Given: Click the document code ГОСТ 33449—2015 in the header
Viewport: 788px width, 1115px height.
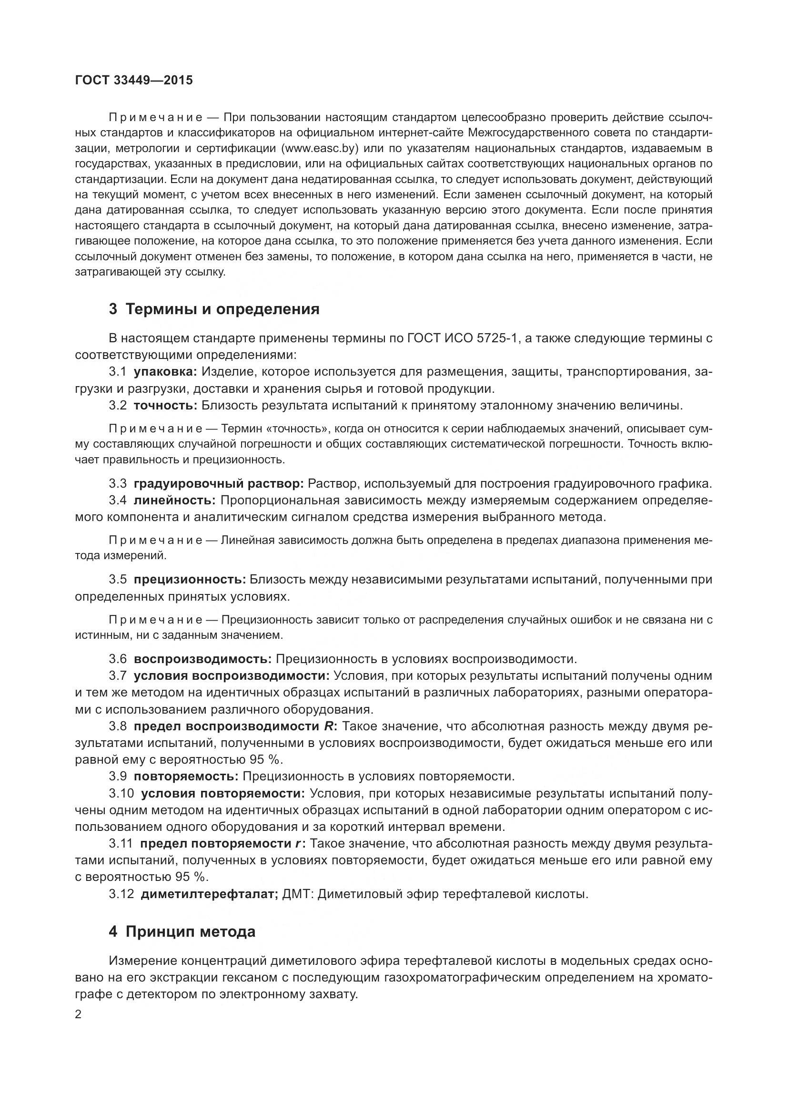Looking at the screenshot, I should (134, 80).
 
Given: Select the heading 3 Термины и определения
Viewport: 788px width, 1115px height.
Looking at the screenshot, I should (214, 309).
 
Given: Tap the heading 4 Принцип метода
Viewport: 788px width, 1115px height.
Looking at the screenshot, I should (182, 932).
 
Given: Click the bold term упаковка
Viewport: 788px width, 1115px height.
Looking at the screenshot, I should (165, 372).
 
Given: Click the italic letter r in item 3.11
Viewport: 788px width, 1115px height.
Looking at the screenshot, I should (297, 844).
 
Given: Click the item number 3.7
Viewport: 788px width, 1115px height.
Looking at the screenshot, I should (117, 676).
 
